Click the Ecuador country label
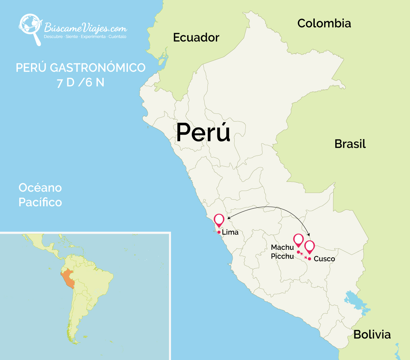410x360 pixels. [x=196, y=37]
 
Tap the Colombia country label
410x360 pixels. [x=324, y=23]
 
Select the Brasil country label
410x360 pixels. [x=350, y=144]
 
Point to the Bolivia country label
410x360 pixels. [x=372, y=334]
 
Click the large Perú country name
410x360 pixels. [x=203, y=132]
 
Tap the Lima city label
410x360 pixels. [x=230, y=232]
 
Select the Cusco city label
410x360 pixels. [x=324, y=259]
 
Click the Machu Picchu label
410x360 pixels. [x=282, y=252]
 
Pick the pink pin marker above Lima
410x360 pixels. [x=219, y=220]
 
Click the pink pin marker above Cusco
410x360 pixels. [x=309, y=247]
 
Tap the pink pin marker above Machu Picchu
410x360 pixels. [x=298, y=240]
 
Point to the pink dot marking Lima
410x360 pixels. [x=219, y=232]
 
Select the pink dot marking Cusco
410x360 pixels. [x=309, y=259]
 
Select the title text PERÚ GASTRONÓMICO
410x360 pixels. [x=80, y=68]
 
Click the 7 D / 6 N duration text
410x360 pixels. [x=80, y=83]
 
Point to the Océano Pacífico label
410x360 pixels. [x=40, y=195]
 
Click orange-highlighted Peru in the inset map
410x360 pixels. [x=69, y=279]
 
